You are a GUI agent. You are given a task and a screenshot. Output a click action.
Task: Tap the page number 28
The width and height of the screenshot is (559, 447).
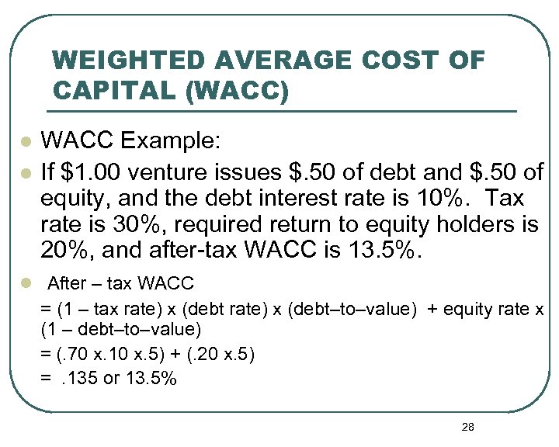point(467,427)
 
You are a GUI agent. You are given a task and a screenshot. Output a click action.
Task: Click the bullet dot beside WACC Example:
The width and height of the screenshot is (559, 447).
point(26,144)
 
